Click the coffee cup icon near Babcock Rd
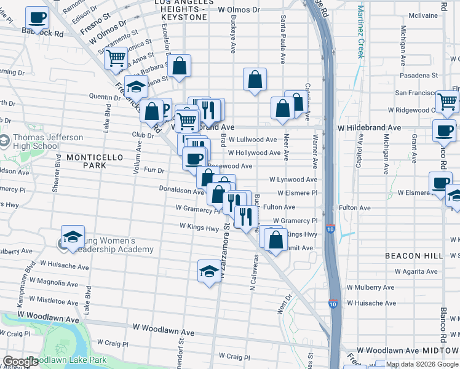[37, 18]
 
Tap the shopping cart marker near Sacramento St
[115, 58]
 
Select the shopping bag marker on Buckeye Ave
[255, 79]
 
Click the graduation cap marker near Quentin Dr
[136, 86]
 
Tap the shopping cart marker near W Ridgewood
[447, 101]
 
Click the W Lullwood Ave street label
[253, 140]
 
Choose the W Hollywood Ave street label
[254, 153]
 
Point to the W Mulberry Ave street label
[371, 287]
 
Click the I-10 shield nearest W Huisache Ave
[332, 304]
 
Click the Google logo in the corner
[20, 362]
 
